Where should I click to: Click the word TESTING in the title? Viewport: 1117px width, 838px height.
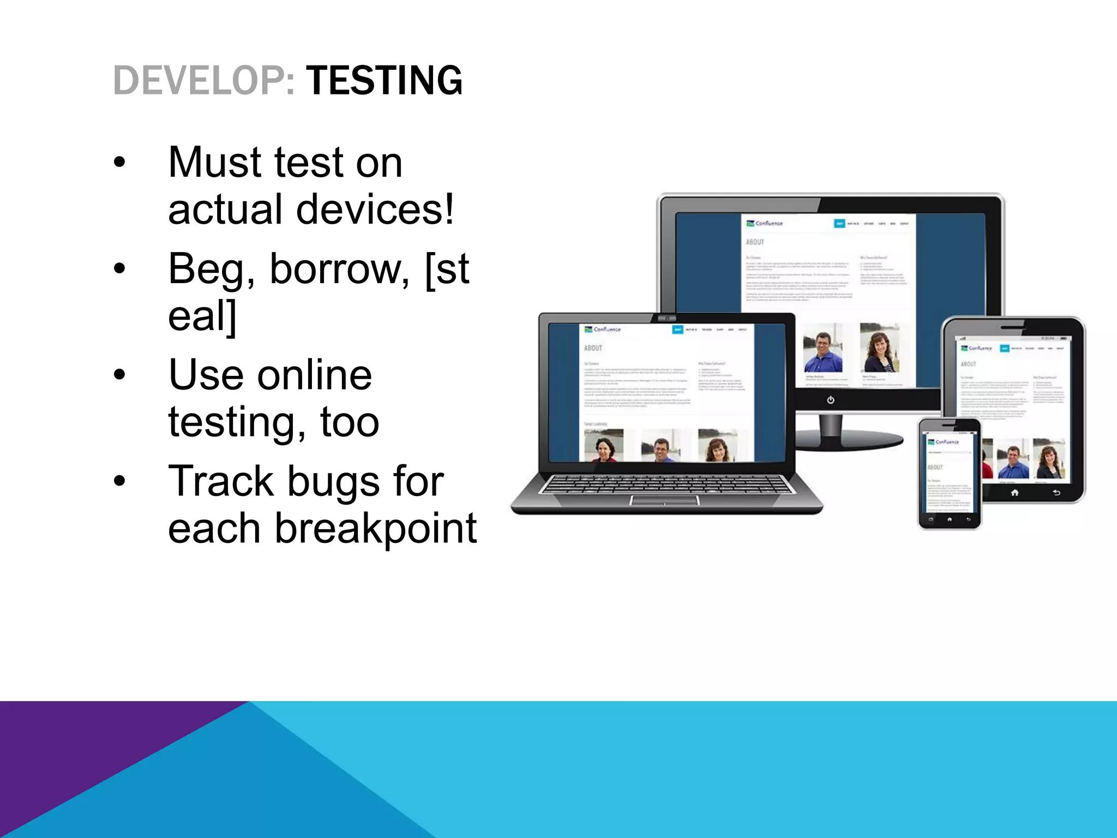coord(384,81)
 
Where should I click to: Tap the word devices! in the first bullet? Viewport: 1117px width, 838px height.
coord(375,209)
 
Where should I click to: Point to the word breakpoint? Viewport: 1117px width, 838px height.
coord(375,528)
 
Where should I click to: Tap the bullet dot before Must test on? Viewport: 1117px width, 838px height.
coord(119,163)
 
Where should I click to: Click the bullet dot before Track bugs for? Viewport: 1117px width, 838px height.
coord(119,481)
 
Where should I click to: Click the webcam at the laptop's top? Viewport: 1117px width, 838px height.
coord(666,318)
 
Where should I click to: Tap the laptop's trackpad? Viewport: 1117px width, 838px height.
coord(664,500)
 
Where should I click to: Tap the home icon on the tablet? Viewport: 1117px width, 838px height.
coord(1014,493)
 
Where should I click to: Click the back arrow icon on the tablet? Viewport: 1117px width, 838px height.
coord(1056,493)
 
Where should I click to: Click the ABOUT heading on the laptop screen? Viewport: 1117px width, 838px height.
coord(593,348)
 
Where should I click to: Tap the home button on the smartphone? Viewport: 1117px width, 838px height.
coord(950,519)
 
